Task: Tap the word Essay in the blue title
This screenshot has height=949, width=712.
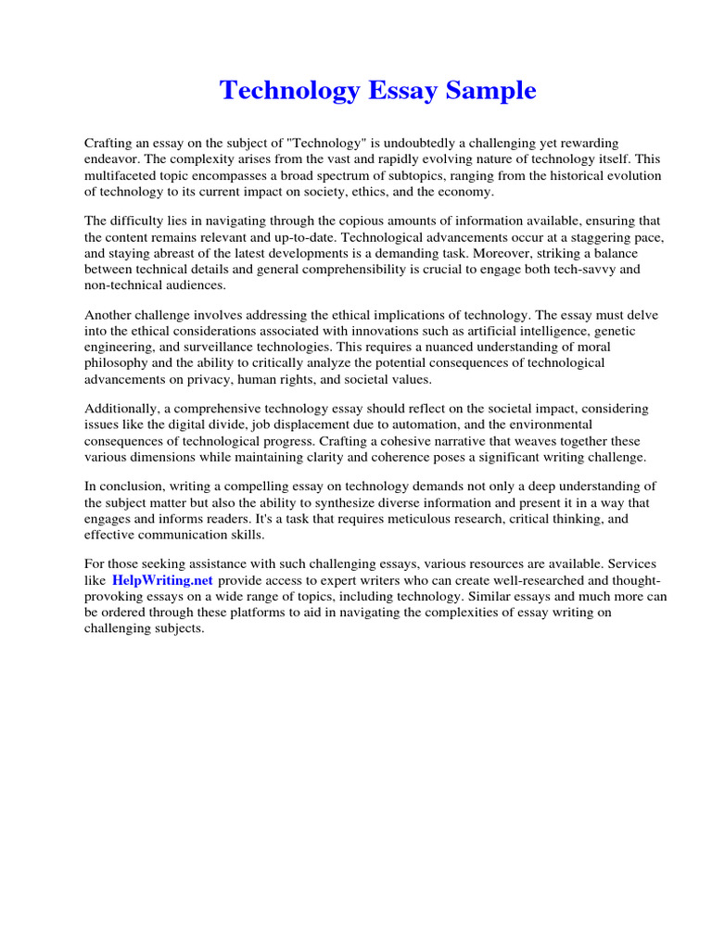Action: coord(397,91)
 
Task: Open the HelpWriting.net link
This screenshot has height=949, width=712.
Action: coord(162,580)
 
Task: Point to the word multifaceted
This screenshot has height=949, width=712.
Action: coord(122,175)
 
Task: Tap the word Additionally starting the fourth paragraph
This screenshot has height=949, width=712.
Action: coord(124,409)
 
